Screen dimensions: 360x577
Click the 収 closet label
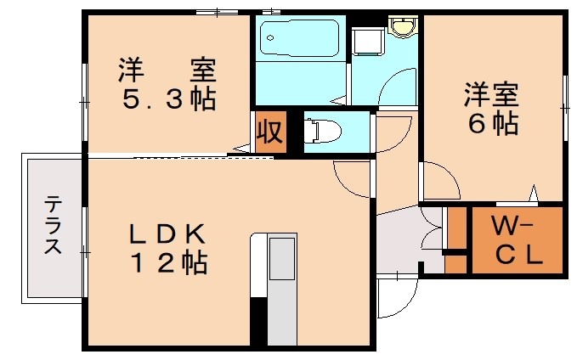270,133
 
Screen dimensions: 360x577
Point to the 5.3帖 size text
167,100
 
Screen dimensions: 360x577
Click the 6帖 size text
492,124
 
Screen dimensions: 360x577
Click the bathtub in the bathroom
299,37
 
